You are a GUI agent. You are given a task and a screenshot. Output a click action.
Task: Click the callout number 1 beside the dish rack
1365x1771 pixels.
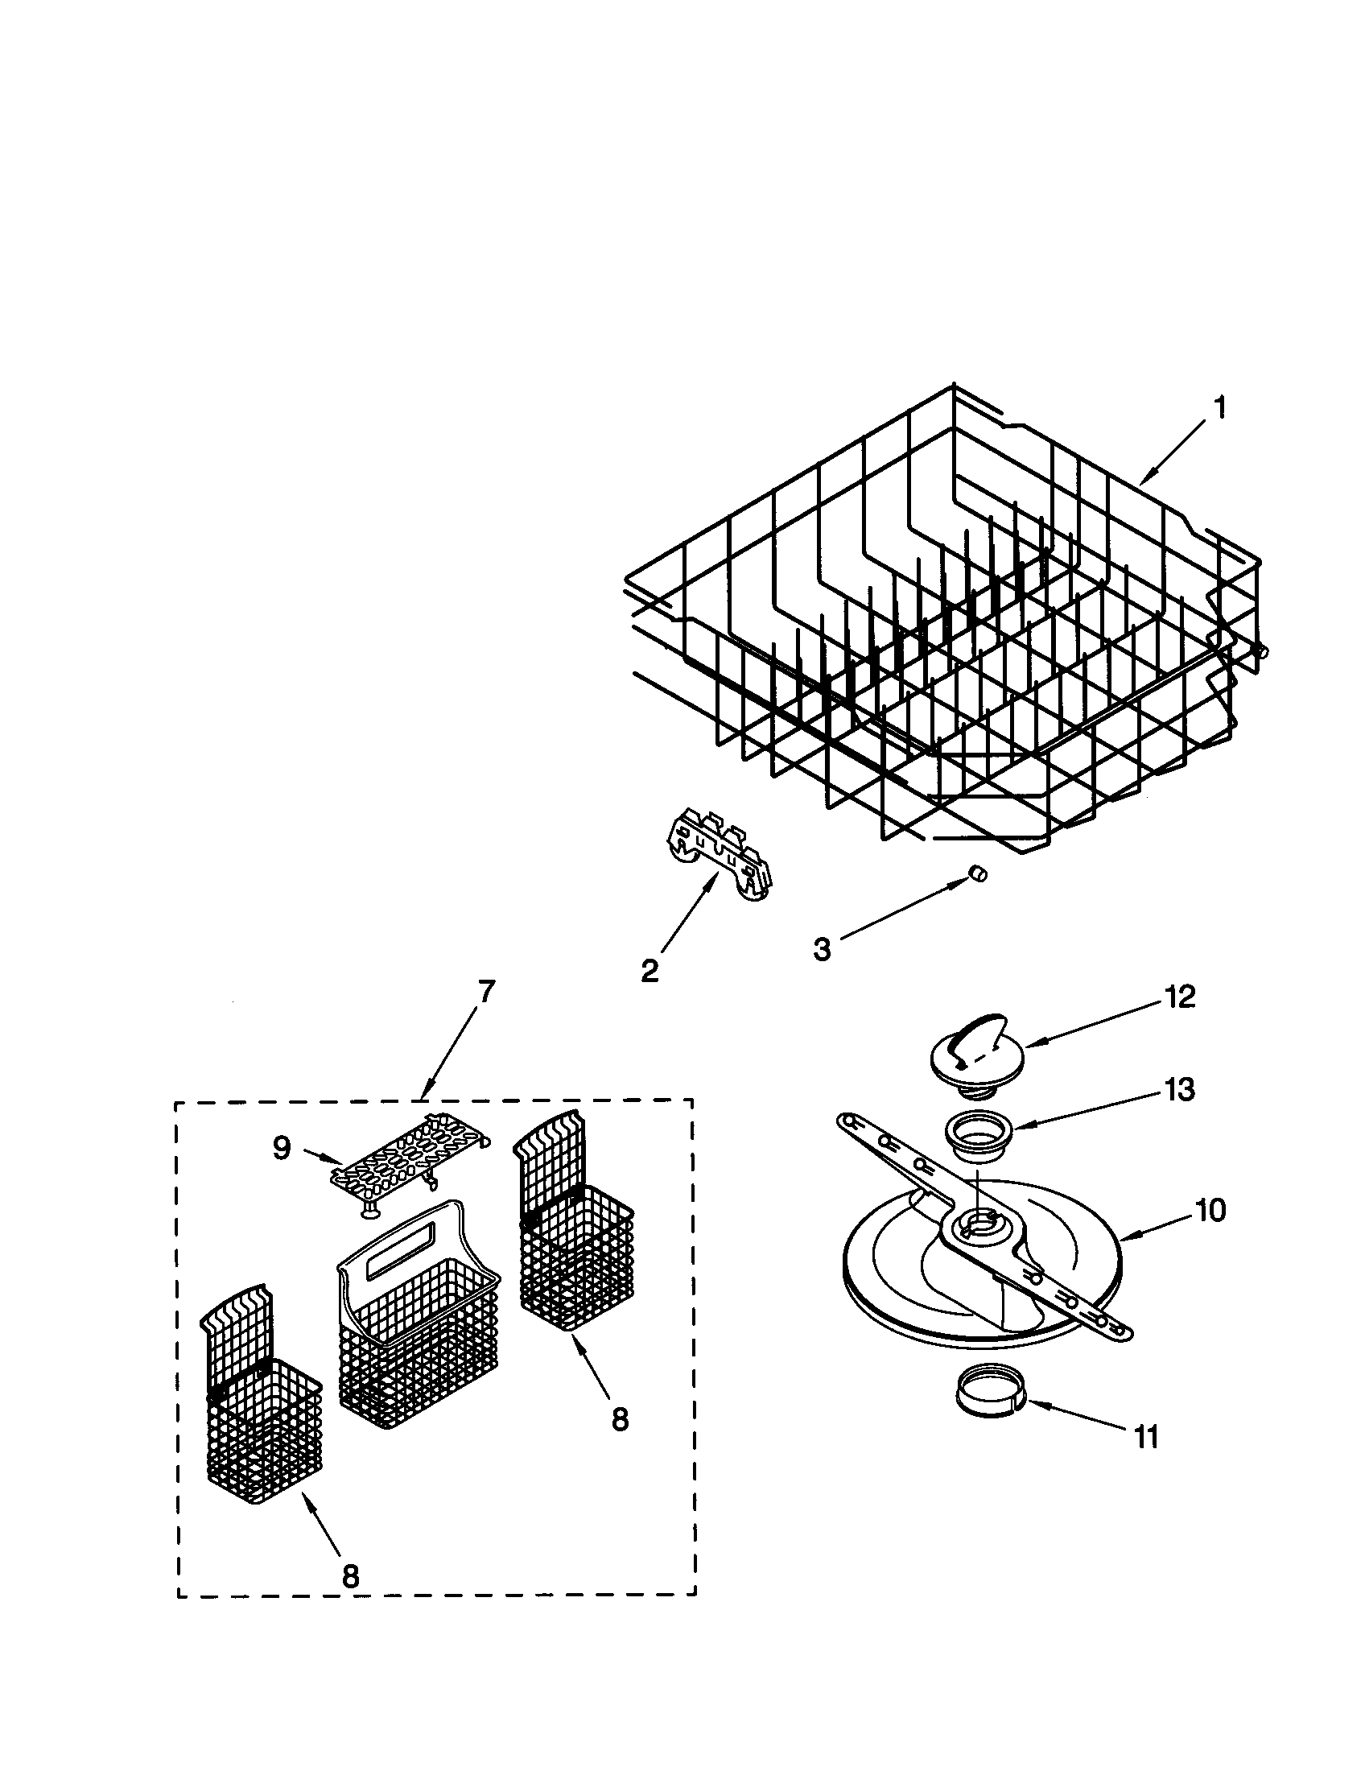coord(1219,408)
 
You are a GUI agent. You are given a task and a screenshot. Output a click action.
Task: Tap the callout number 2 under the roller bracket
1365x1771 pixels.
coord(650,971)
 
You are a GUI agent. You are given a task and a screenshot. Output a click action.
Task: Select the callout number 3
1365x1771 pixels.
coord(822,949)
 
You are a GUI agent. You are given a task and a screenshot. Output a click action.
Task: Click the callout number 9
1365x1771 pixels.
coord(281,1148)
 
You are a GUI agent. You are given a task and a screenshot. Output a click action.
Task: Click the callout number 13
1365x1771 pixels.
coord(1179,1091)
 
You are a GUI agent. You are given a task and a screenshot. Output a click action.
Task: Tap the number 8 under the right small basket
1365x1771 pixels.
coord(619,1420)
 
